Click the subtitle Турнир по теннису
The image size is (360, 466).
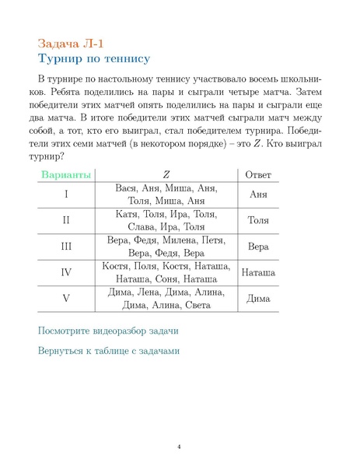pyautogui.click(x=93, y=59)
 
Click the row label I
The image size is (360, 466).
pyautogui.click(x=66, y=194)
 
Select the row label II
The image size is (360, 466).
pyautogui.click(x=66, y=220)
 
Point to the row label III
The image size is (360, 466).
pyautogui.click(x=66, y=247)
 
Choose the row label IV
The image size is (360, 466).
pyautogui.click(x=66, y=272)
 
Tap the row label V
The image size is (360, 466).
pyautogui.click(x=66, y=299)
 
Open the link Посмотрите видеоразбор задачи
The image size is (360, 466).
pyautogui.click(x=107, y=330)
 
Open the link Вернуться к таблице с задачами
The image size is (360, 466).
pyautogui.click(x=109, y=351)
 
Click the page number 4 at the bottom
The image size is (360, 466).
pyautogui.click(x=179, y=447)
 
